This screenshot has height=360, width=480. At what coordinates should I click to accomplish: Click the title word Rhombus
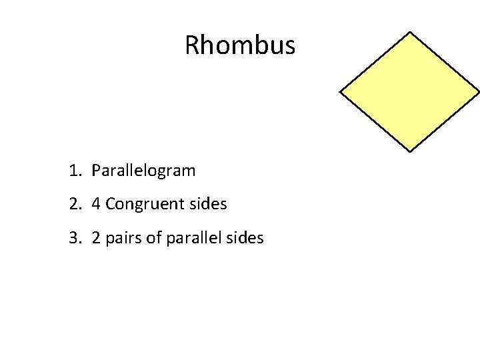(239, 45)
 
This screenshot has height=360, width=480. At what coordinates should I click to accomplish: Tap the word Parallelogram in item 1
(143, 171)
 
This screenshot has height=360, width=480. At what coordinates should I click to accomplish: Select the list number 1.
(73, 171)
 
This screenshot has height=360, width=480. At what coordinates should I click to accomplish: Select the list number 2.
(73, 204)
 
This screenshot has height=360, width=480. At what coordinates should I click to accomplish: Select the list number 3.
(73, 237)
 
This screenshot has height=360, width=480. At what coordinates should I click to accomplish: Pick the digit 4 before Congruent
(96, 204)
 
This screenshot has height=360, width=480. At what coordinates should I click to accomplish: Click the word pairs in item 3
(123, 238)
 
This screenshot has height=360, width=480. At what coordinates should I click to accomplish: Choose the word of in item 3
(153, 237)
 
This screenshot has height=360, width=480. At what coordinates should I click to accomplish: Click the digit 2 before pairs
(96, 237)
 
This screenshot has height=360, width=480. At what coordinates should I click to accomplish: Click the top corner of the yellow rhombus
(409, 32)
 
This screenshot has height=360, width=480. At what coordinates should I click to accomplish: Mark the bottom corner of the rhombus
(409, 151)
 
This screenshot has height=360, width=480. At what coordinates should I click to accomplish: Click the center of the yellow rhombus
(409, 92)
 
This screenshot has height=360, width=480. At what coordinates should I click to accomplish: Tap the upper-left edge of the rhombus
(375, 62)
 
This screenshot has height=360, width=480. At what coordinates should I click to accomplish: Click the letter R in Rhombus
(191, 45)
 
